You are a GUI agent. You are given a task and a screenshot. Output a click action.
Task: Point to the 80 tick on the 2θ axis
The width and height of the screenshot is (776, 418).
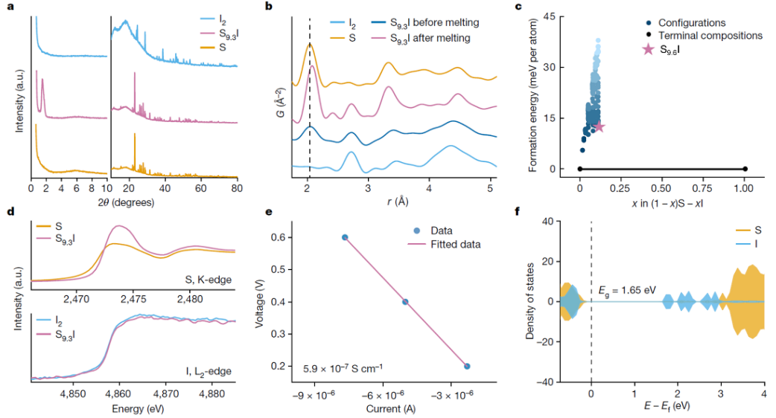236,189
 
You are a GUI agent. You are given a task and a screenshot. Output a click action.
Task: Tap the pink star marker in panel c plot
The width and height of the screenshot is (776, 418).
598,126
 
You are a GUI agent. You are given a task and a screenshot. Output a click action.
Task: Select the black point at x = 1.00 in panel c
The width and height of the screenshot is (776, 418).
745,169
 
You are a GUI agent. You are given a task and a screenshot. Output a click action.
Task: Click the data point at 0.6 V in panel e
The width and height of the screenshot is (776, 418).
345,237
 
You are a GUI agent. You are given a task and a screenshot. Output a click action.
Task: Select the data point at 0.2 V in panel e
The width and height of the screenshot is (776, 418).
467,366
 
